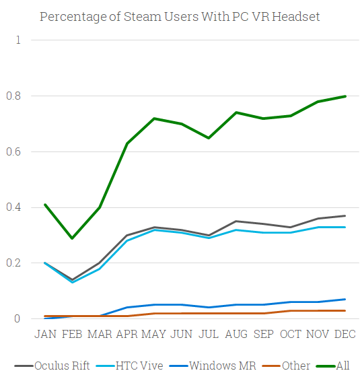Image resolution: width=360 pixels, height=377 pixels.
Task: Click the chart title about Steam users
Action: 180,16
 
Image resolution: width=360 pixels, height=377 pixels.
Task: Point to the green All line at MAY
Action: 155,118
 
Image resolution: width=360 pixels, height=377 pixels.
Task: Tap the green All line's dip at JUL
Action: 209,138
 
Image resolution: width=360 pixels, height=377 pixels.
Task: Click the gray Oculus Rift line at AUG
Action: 236,221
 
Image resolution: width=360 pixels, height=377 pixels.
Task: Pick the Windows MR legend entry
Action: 214,366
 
